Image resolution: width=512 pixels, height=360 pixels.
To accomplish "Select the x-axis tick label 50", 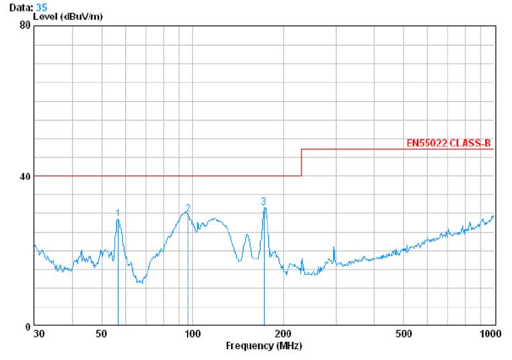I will tap(101, 334).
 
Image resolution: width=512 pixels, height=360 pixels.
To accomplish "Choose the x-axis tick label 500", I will tap(403, 334).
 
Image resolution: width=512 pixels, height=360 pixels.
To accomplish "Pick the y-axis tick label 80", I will tap(25, 25).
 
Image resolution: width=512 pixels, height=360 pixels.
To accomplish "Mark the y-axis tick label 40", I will tap(25, 176).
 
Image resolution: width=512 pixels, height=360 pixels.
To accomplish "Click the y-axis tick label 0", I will tap(28, 326).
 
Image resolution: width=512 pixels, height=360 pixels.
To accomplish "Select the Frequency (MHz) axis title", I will tap(263, 346).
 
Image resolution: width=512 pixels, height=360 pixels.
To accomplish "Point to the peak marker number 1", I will tap(118, 213).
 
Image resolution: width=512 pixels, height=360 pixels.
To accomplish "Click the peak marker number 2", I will tap(188, 208).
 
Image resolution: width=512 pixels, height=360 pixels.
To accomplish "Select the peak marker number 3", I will tap(263, 200).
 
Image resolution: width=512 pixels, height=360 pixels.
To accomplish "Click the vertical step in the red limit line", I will tap(302, 163).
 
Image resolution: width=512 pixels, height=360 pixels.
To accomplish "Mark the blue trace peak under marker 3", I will tap(265, 208).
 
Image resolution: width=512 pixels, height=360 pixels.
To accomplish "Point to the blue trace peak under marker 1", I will tap(118, 220).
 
